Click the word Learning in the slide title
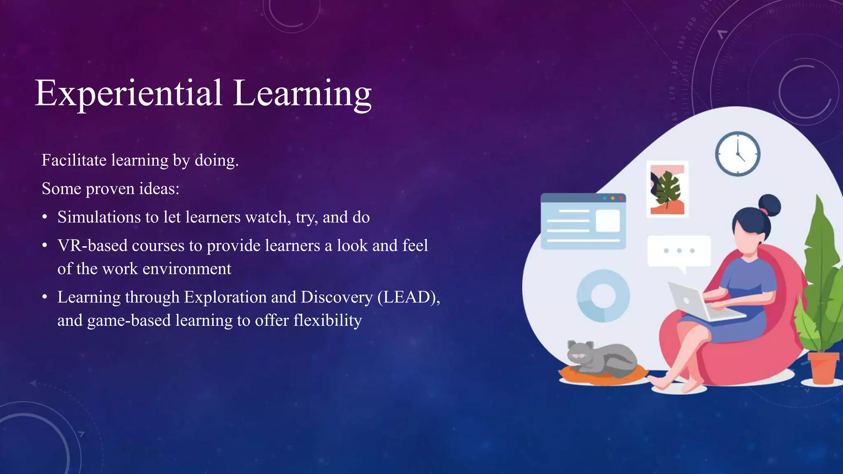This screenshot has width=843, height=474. [303, 94]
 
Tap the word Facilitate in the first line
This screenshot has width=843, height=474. [74, 160]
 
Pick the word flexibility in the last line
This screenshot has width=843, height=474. [327, 320]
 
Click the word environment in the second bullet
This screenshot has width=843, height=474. [187, 269]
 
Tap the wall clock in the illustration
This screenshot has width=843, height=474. [737, 154]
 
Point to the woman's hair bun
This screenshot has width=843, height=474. [769, 204]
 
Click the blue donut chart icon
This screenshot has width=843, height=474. [603, 296]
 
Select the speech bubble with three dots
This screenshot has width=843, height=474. [679, 251]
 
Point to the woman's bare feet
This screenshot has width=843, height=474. [675, 385]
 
